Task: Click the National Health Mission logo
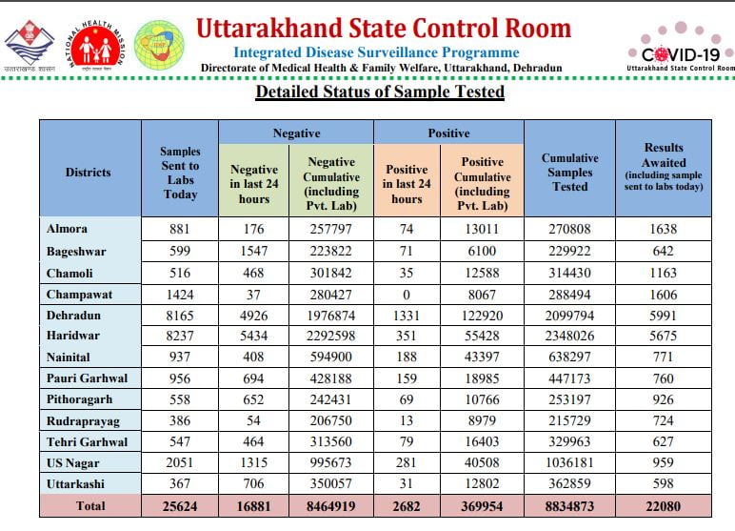pos(95,46)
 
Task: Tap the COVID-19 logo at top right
pos(681,48)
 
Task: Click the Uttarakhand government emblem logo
pos(30,46)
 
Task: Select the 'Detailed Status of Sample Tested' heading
pos(380,92)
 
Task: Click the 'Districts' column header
pos(89,173)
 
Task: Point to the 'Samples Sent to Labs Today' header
pos(180,173)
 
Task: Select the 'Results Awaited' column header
pos(664,155)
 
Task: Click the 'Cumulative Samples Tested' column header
pos(570,173)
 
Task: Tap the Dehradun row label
pos(73,315)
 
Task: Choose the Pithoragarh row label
pos(80,399)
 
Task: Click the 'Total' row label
pos(90,505)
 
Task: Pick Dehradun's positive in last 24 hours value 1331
pos(407,316)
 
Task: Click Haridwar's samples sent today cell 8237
pos(180,336)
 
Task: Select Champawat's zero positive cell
pos(407,295)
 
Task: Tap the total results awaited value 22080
pos(664,506)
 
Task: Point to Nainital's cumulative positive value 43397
pos(482,357)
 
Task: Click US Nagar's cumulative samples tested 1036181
pos(570,462)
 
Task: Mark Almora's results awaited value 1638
pos(664,229)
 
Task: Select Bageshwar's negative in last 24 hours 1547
pos(253,251)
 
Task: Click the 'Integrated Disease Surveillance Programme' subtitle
pos(376,52)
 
